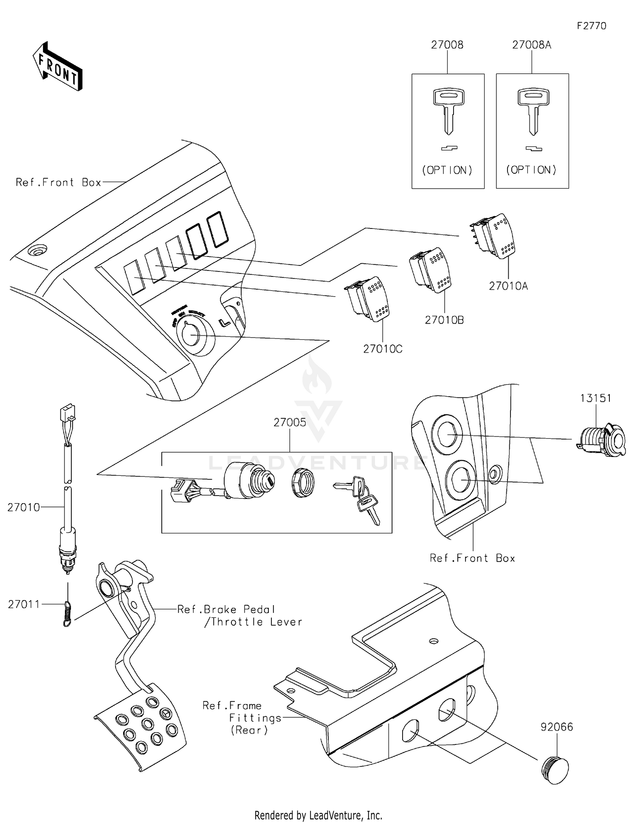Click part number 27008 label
click(447, 45)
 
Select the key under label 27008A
click(533, 110)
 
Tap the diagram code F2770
click(591, 26)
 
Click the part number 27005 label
click(290, 422)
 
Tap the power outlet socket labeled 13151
click(602, 440)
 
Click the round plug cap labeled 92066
click(555, 769)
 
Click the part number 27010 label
click(23, 507)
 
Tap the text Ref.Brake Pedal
click(226, 609)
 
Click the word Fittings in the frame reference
click(255, 718)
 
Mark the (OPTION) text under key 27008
click(447, 170)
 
